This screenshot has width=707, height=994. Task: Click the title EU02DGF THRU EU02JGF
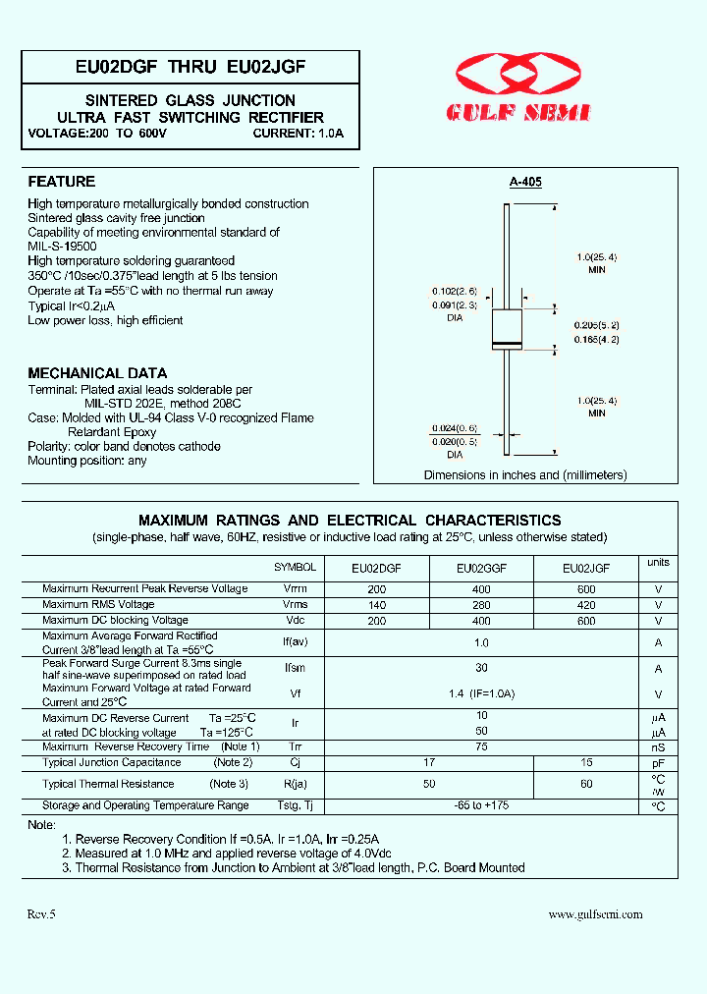190,67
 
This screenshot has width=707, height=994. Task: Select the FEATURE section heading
62,182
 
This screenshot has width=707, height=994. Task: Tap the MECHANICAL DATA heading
97,373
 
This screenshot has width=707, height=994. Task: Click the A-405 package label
525,182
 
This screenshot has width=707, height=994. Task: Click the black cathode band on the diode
507,344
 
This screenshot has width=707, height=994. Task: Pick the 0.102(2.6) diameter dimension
454,292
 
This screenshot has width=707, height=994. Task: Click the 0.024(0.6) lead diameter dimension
454,427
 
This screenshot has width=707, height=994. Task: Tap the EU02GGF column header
480,568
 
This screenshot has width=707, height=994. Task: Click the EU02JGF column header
586,568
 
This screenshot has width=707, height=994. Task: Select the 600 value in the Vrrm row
586,589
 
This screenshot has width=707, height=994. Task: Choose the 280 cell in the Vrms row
480,605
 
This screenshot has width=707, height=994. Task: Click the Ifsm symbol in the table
296,668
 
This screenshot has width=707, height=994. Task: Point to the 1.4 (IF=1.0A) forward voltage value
481,694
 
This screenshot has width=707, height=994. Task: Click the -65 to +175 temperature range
481,806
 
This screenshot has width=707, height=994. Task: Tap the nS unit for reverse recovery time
658,747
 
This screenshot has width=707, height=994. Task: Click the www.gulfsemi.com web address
595,914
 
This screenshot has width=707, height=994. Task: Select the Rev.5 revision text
42,914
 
